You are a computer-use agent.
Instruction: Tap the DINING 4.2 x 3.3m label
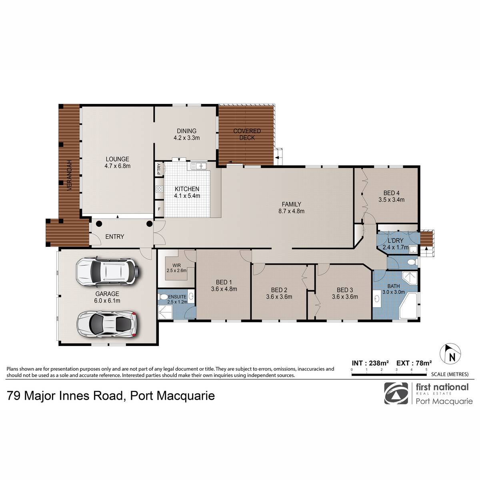pos(186,134)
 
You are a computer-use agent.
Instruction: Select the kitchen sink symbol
pos(198,166)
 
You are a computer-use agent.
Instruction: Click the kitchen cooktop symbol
pos(160,189)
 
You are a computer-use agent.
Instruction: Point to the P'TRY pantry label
pos(159,169)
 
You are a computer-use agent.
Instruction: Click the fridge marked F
pos(159,209)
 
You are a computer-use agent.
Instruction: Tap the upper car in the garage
pos(107,271)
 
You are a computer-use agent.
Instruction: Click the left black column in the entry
pos(99,224)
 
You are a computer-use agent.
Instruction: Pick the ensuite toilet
pos(163,297)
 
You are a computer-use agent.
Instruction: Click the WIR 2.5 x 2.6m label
pos(177,268)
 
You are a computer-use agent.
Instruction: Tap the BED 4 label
pos(391,196)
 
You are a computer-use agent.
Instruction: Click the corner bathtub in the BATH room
pos(408,306)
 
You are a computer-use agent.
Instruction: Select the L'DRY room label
pos(396,240)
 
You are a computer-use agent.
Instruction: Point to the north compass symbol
pos(450,354)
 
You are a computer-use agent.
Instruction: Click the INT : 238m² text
pos(370,363)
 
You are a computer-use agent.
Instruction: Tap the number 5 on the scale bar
pos(426,370)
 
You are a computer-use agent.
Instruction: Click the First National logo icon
pos(396,393)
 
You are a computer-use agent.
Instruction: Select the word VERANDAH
pos(70,175)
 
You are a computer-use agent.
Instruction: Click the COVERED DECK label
pos(247,134)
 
